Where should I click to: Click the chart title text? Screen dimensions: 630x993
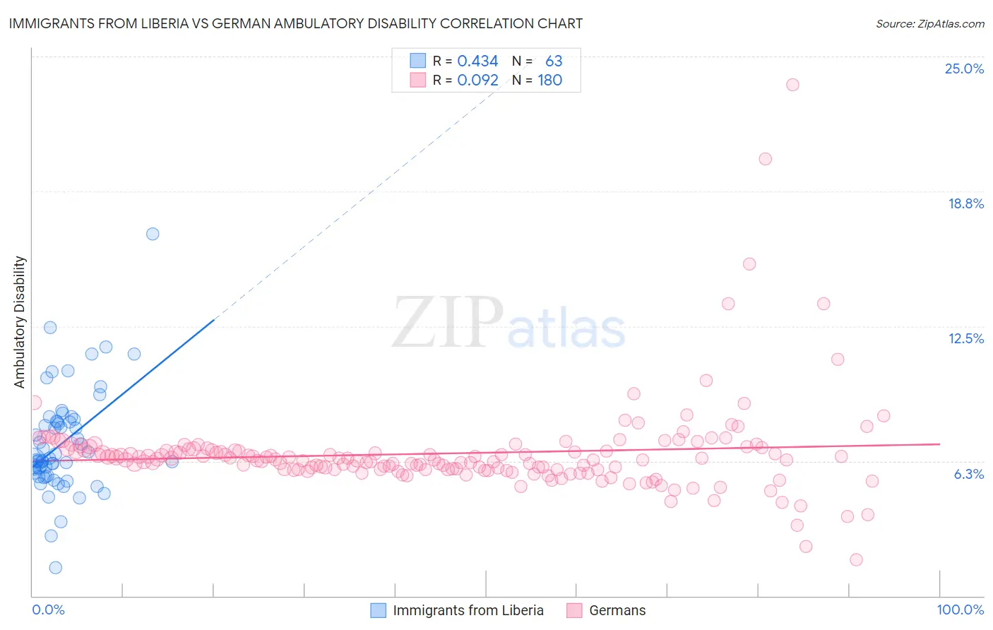click(x=296, y=23)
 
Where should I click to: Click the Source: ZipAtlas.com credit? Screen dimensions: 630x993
click(x=929, y=24)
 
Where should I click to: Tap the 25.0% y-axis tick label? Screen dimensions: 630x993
click(x=964, y=69)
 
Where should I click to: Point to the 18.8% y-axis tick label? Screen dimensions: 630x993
click(x=965, y=203)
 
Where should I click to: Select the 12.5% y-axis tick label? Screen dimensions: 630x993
click(x=965, y=338)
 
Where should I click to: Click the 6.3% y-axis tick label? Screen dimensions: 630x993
click(x=968, y=474)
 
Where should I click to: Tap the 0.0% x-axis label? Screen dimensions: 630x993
click(x=48, y=610)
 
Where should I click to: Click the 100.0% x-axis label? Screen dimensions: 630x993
click(x=960, y=610)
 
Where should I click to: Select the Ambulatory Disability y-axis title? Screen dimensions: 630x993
click(x=20, y=322)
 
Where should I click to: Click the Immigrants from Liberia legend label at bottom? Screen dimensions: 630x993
click(x=468, y=610)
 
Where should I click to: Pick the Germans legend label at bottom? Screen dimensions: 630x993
click(x=617, y=610)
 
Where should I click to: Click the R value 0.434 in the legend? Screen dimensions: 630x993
click(x=477, y=61)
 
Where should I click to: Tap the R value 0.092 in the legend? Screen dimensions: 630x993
click(x=477, y=81)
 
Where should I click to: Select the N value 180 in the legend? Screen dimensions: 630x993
click(x=549, y=81)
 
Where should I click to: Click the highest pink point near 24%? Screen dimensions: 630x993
click(x=792, y=85)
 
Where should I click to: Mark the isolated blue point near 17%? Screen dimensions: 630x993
click(x=153, y=234)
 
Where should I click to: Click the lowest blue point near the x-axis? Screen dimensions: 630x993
click(x=55, y=568)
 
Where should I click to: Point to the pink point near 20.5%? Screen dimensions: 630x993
click(x=766, y=159)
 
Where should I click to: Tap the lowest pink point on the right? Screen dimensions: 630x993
click(x=856, y=559)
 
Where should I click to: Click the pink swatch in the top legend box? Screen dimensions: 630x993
click(x=418, y=81)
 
